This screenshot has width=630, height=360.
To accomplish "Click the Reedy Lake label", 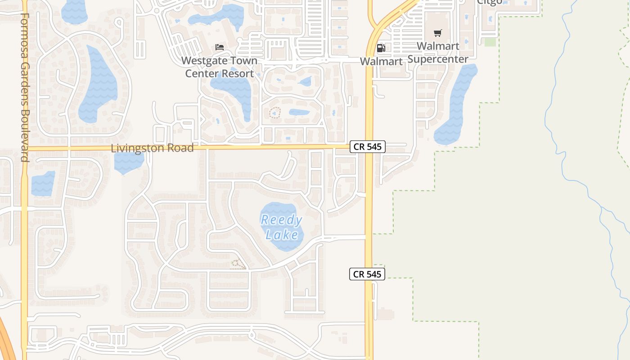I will pos(282,227).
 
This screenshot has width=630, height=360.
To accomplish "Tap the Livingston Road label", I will pos(152,148).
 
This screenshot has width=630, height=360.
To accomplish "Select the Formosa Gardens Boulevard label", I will pos(25,88).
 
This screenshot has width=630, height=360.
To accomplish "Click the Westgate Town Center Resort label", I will pos(220,67).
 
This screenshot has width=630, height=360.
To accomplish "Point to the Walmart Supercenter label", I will pos(438,52).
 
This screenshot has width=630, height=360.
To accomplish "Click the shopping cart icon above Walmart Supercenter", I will pos(437,33).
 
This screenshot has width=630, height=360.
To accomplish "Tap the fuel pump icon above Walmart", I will pos(381,48).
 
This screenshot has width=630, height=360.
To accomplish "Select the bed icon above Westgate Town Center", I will pos(220,47).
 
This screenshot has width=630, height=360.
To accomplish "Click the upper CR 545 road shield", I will pos(368,147).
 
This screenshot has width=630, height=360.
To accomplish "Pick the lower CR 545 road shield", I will pos(367,274).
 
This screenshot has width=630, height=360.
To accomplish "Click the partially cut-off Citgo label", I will pos(489,2).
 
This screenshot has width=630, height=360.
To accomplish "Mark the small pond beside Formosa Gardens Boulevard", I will pos(43,184).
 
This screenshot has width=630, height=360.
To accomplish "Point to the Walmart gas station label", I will pos(381,61).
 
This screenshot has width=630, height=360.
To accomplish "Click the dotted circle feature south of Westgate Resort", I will pos(274,112).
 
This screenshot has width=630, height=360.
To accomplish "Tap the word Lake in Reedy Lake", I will pos(282,235).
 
